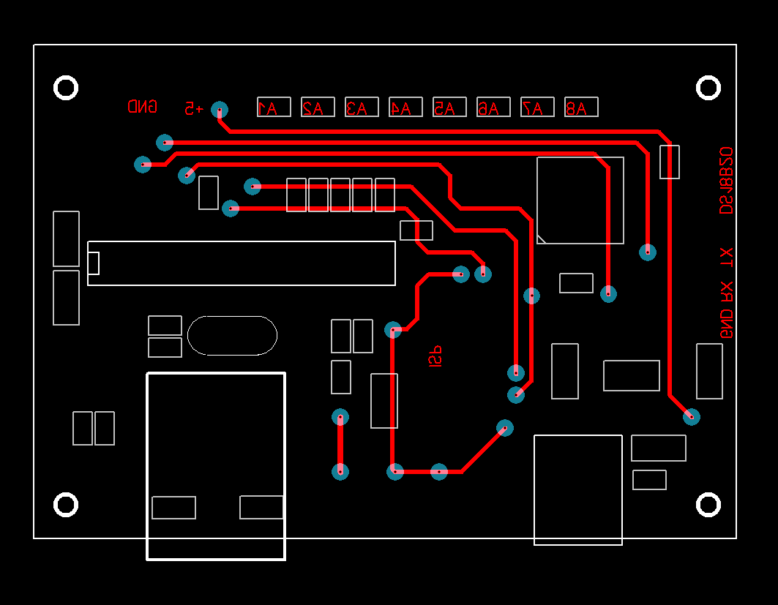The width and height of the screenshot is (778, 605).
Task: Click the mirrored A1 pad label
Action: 274,108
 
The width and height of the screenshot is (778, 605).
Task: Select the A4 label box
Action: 405,108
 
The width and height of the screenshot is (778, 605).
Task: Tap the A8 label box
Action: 581,108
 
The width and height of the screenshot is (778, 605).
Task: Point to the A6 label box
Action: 493,108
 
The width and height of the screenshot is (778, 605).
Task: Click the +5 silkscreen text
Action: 194,108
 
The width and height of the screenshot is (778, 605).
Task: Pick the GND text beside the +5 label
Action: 142,107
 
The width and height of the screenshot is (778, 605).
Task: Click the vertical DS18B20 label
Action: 726,181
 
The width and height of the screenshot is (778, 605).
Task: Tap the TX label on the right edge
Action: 726,257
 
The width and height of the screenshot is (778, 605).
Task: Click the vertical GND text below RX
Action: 726,323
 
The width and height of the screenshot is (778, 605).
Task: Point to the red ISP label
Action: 435,356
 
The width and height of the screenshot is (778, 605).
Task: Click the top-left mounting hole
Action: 66,88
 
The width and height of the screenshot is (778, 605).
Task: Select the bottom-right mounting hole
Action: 708,505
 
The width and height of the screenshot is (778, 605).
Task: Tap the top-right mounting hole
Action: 708,88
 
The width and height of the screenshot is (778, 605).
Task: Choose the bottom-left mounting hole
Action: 66,505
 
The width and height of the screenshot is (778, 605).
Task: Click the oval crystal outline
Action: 232,336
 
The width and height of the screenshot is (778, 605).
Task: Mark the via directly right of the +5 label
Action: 220,110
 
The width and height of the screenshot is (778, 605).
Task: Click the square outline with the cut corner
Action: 580,200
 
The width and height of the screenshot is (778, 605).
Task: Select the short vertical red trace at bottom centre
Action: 340,444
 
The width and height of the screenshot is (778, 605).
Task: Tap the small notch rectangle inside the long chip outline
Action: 94,263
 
